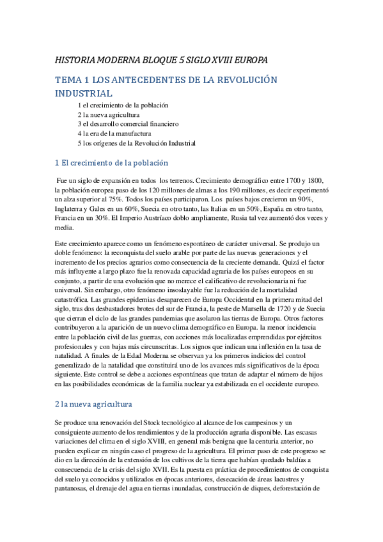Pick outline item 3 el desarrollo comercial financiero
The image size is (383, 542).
[128, 124]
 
